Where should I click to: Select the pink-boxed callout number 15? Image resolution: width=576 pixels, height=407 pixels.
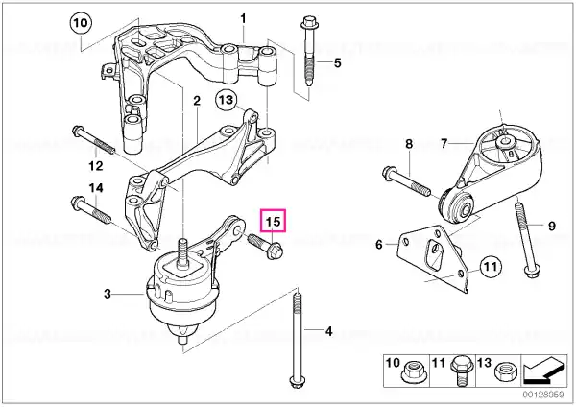(x=274, y=222)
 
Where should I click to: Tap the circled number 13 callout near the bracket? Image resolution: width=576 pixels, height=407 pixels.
(x=227, y=98)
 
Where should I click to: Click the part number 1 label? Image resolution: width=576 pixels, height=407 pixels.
(x=243, y=18)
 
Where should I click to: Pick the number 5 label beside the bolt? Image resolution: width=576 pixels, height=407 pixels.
(x=336, y=63)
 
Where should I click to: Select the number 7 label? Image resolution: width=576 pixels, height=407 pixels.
(x=444, y=144)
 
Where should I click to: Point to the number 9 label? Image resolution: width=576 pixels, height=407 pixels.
(x=552, y=226)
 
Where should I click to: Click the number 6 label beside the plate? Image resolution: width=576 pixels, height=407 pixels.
(x=379, y=245)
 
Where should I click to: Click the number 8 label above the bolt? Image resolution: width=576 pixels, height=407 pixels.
(x=408, y=144)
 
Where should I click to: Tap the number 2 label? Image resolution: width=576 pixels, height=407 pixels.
(x=196, y=101)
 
